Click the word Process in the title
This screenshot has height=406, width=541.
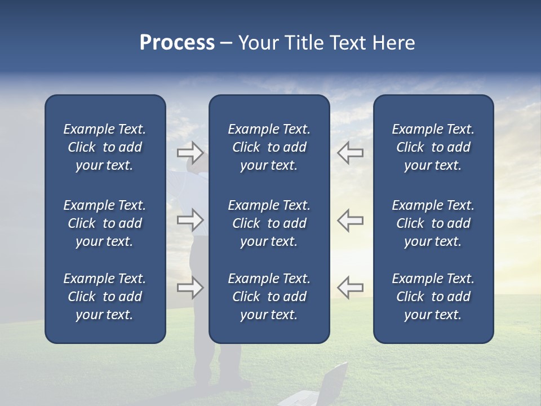pyautogui.click(x=177, y=43)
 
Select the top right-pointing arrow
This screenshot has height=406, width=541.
pyautogui.click(x=190, y=152)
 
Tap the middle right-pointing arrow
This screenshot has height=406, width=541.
pyautogui.click(x=190, y=220)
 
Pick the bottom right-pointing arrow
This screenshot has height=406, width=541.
pyautogui.click(x=190, y=287)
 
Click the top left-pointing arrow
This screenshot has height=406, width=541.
pyautogui.click(x=351, y=152)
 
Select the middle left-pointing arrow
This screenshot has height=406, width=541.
pyautogui.click(x=351, y=220)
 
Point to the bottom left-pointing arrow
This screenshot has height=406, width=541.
pyautogui.click(x=351, y=287)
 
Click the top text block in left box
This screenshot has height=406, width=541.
pyautogui.click(x=105, y=147)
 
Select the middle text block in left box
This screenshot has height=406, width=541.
pyautogui.click(x=105, y=223)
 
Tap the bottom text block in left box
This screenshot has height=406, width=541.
pyautogui.click(x=105, y=297)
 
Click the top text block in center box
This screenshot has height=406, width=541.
pyautogui.click(x=269, y=147)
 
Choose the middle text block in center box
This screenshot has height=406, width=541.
pyautogui.click(x=269, y=223)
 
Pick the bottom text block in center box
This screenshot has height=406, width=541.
pyautogui.click(x=269, y=297)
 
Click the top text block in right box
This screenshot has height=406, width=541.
pyautogui.click(x=433, y=147)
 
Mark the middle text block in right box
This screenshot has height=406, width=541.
pyautogui.click(x=433, y=223)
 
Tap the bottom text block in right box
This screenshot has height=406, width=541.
pyautogui.click(x=433, y=297)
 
